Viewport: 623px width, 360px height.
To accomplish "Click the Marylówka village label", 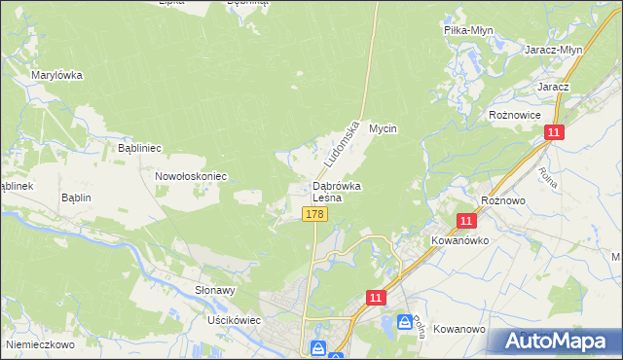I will (x=56, y=75).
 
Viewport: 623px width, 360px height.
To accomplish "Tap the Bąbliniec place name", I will (x=138, y=148).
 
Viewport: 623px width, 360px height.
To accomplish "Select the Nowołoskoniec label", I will (x=191, y=176).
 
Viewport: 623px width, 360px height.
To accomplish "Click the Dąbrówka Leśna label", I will (x=337, y=192).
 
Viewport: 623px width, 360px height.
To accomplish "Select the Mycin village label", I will (x=385, y=128).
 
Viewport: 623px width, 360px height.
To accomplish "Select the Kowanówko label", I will (x=459, y=239).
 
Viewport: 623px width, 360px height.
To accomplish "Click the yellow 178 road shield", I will (x=313, y=214).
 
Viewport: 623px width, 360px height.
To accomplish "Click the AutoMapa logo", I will (x=552, y=342).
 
